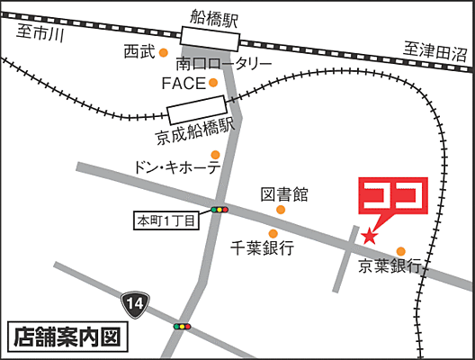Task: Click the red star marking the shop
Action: click(x=369, y=236)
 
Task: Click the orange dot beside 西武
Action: click(x=164, y=53)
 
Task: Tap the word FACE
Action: click(x=184, y=83)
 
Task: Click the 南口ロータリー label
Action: click(x=224, y=64)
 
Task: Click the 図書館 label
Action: click(x=284, y=193)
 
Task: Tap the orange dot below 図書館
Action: click(x=281, y=210)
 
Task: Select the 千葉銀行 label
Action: click(x=263, y=250)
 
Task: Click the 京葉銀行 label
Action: click(x=390, y=266)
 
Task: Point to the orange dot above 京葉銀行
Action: click(x=401, y=251)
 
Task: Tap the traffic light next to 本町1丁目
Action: click(x=220, y=210)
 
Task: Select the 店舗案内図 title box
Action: click(x=67, y=338)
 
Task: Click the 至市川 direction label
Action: click(x=40, y=35)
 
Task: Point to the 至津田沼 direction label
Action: click(x=436, y=51)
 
